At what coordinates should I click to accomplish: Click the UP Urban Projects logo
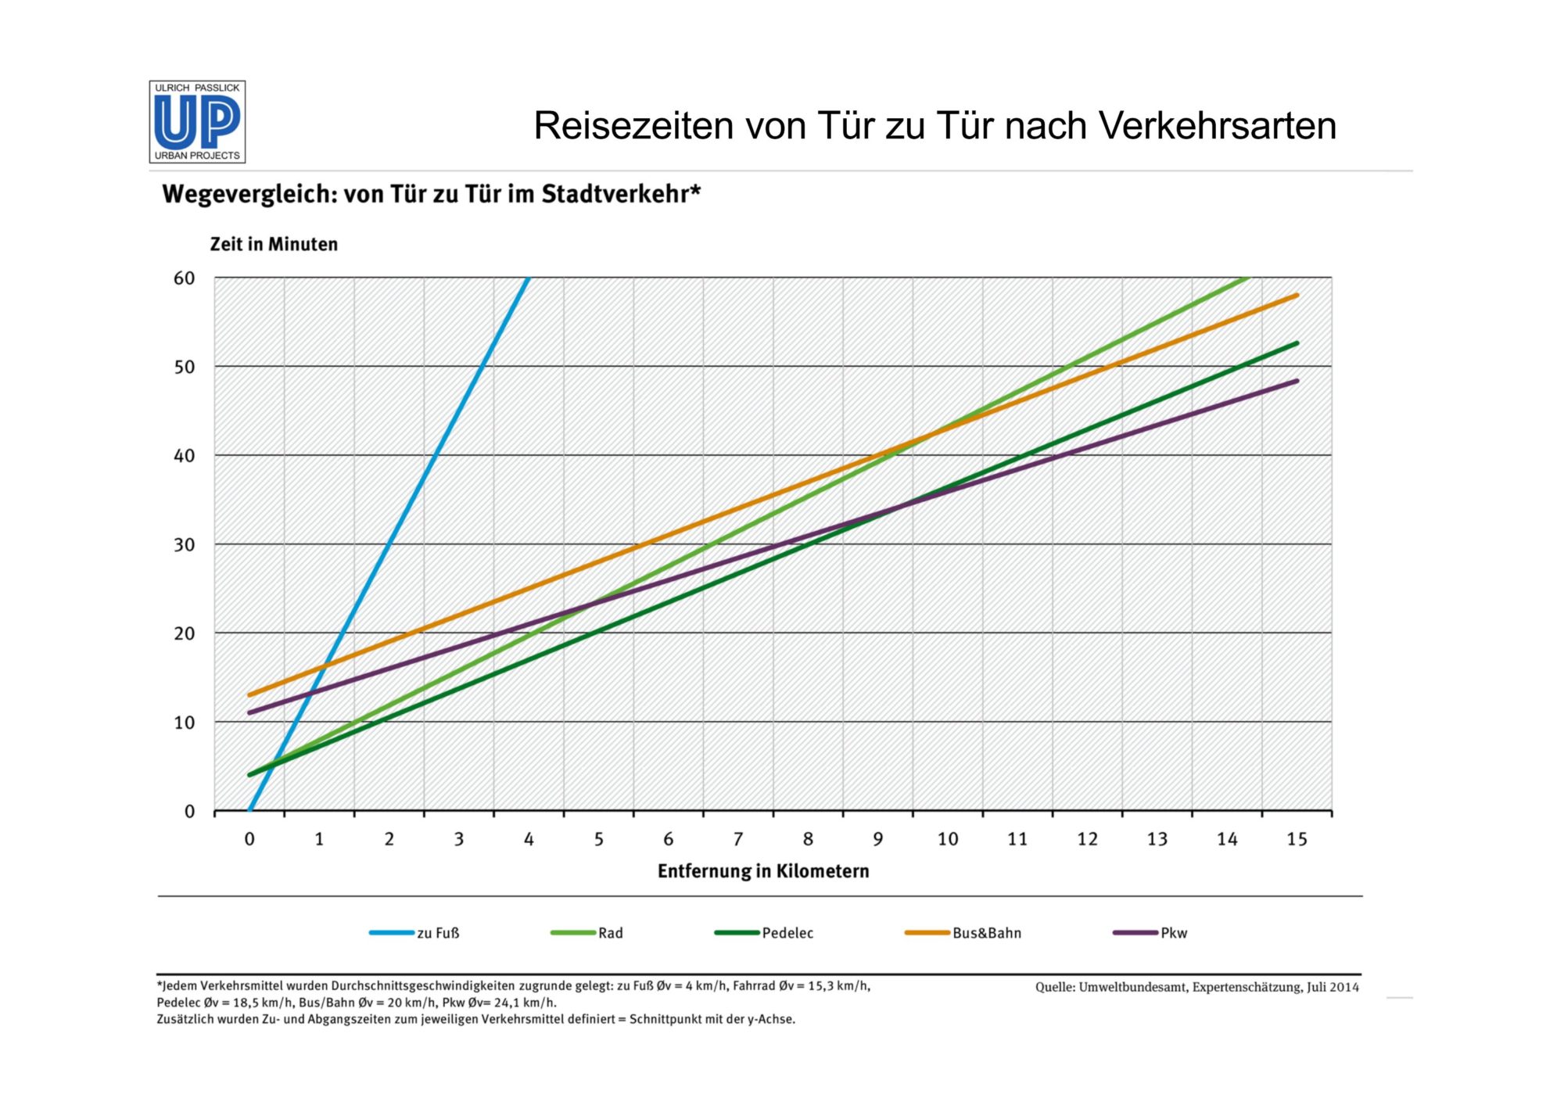coord(197,122)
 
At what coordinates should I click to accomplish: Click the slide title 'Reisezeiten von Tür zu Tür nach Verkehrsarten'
coord(934,126)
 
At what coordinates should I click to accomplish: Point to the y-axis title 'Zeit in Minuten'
coord(274,244)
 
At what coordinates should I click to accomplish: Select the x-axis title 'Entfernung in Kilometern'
coord(763,871)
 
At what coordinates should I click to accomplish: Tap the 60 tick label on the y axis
coord(185,278)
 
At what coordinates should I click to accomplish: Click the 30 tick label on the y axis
coord(185,545)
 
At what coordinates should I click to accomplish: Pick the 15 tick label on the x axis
coord(1297,839)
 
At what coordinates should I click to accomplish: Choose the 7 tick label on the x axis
coord(737,839)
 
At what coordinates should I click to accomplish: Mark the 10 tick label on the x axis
coord(947,839)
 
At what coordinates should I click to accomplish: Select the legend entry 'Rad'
coord(610,933)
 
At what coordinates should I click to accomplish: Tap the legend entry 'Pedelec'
coord(787,933)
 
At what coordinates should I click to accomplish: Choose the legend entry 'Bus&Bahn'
coord(986,933)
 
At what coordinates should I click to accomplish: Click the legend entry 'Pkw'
coord(1173,933)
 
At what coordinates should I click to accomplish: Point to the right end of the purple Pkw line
coord(1297,381)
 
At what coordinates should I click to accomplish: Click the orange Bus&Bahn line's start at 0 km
coord(250,694)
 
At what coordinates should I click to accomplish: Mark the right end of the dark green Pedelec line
coord(1297,343)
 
